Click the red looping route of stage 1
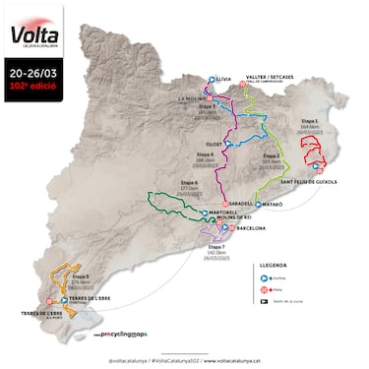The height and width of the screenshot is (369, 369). click(315, 154)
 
